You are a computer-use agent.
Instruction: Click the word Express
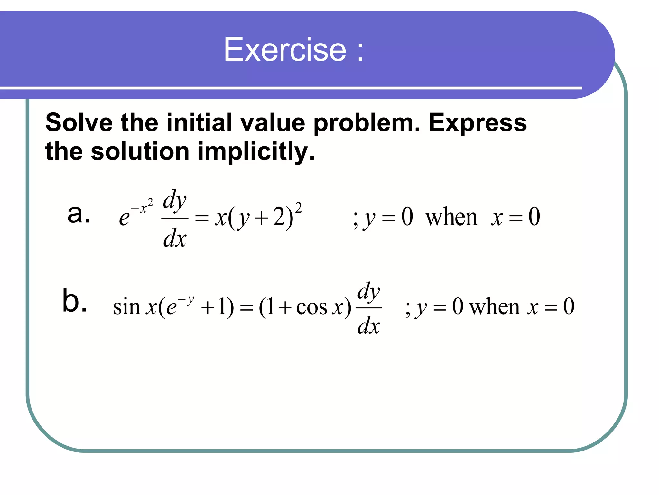click(x=478, y=123)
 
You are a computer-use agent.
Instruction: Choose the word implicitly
click(x=256, y=152)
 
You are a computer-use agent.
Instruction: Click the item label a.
click(x=78, y=214)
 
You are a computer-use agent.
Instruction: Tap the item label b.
click(x=74, y=301)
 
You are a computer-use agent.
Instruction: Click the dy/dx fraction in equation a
click(x=175, y=218)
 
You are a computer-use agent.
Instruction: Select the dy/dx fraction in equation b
click(x=369, y=308)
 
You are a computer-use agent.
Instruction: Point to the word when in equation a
click(x=451, y=218)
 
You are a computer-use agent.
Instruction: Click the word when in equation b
click(x=494, y=307)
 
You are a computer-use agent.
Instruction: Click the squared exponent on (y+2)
click(x=298, y=208)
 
